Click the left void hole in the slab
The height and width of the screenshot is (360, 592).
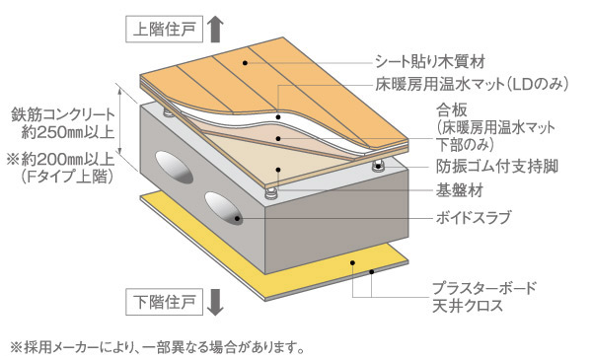tap(170, 170)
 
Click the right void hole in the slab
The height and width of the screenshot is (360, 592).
tap(226, 208)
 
